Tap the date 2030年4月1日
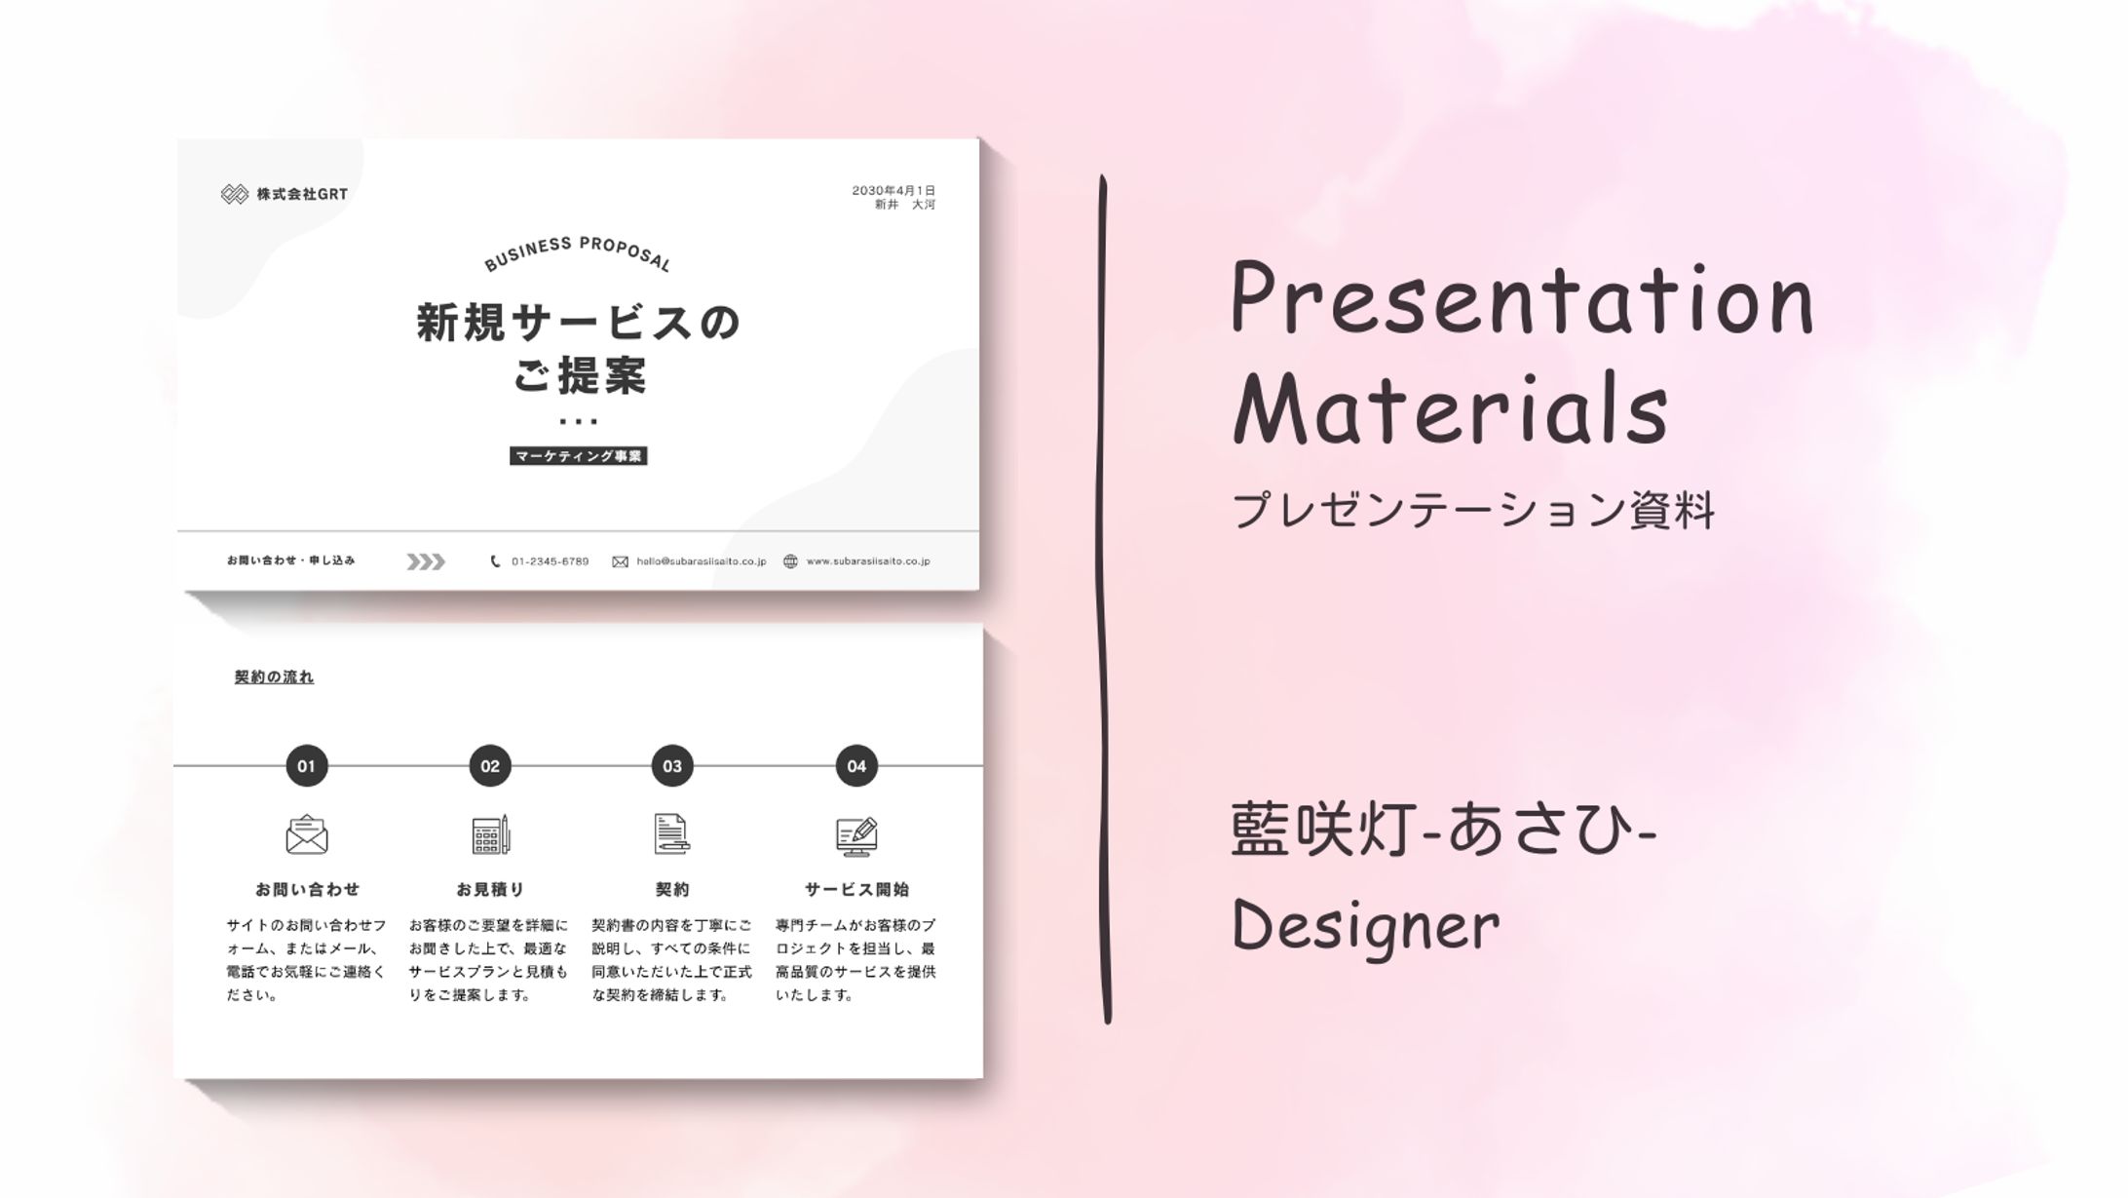[893, 190]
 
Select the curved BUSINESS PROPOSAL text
[578, 252]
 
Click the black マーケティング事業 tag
[578, 456]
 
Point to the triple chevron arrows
[426, 561]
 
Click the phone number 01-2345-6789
[550, 561]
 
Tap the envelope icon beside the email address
[620, 561]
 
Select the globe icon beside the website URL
[790, 561]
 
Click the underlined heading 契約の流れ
[274, 677]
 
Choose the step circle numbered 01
[307, 766]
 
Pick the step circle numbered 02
[490, 766]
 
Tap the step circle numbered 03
[672, 766]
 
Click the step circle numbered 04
[856, 766]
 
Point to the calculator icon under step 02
[490, 835]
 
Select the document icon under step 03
[671, 834]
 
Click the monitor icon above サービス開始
[856, 836]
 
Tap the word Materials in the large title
[1450, 409]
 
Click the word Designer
[1365, 926]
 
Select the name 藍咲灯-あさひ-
[1443, 831]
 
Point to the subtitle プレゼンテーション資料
[1472, 510]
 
